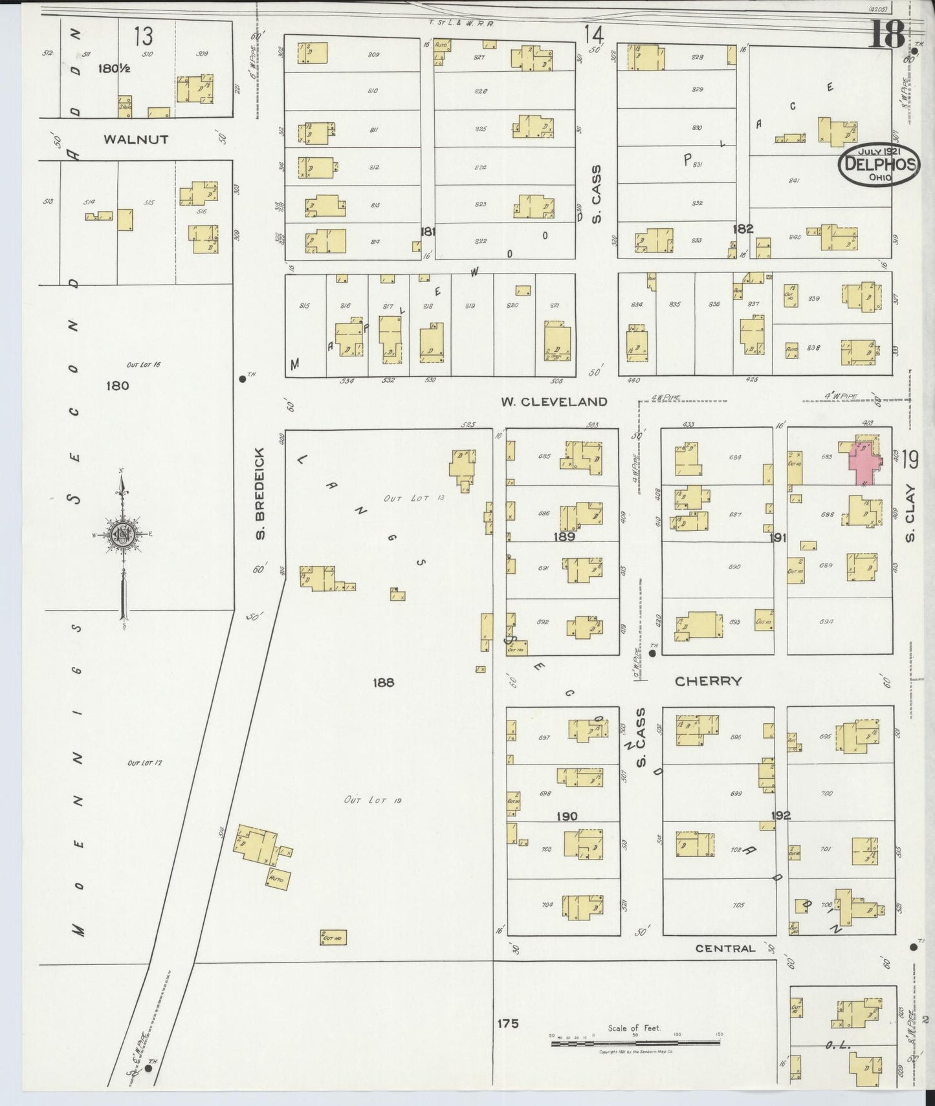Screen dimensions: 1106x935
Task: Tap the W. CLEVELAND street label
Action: [554, 402]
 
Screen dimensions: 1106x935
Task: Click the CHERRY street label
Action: [708, 681]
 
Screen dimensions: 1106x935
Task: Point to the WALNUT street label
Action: [136, 139]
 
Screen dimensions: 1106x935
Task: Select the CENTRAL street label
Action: [725, 948]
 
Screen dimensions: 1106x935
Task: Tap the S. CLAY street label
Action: [910, 513]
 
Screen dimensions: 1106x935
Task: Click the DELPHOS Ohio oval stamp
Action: [878, 164]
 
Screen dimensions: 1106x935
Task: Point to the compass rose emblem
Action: [122, 534]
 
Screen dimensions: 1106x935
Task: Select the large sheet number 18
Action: [886, 34]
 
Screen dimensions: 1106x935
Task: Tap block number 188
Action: [383, 682]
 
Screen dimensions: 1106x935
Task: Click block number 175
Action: [508, 1024]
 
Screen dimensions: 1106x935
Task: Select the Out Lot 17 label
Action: [144, 763]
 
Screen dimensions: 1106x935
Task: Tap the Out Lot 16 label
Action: [143, 365]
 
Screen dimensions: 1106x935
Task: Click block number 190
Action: [567, 816]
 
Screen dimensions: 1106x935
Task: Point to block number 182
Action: [743, 228]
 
